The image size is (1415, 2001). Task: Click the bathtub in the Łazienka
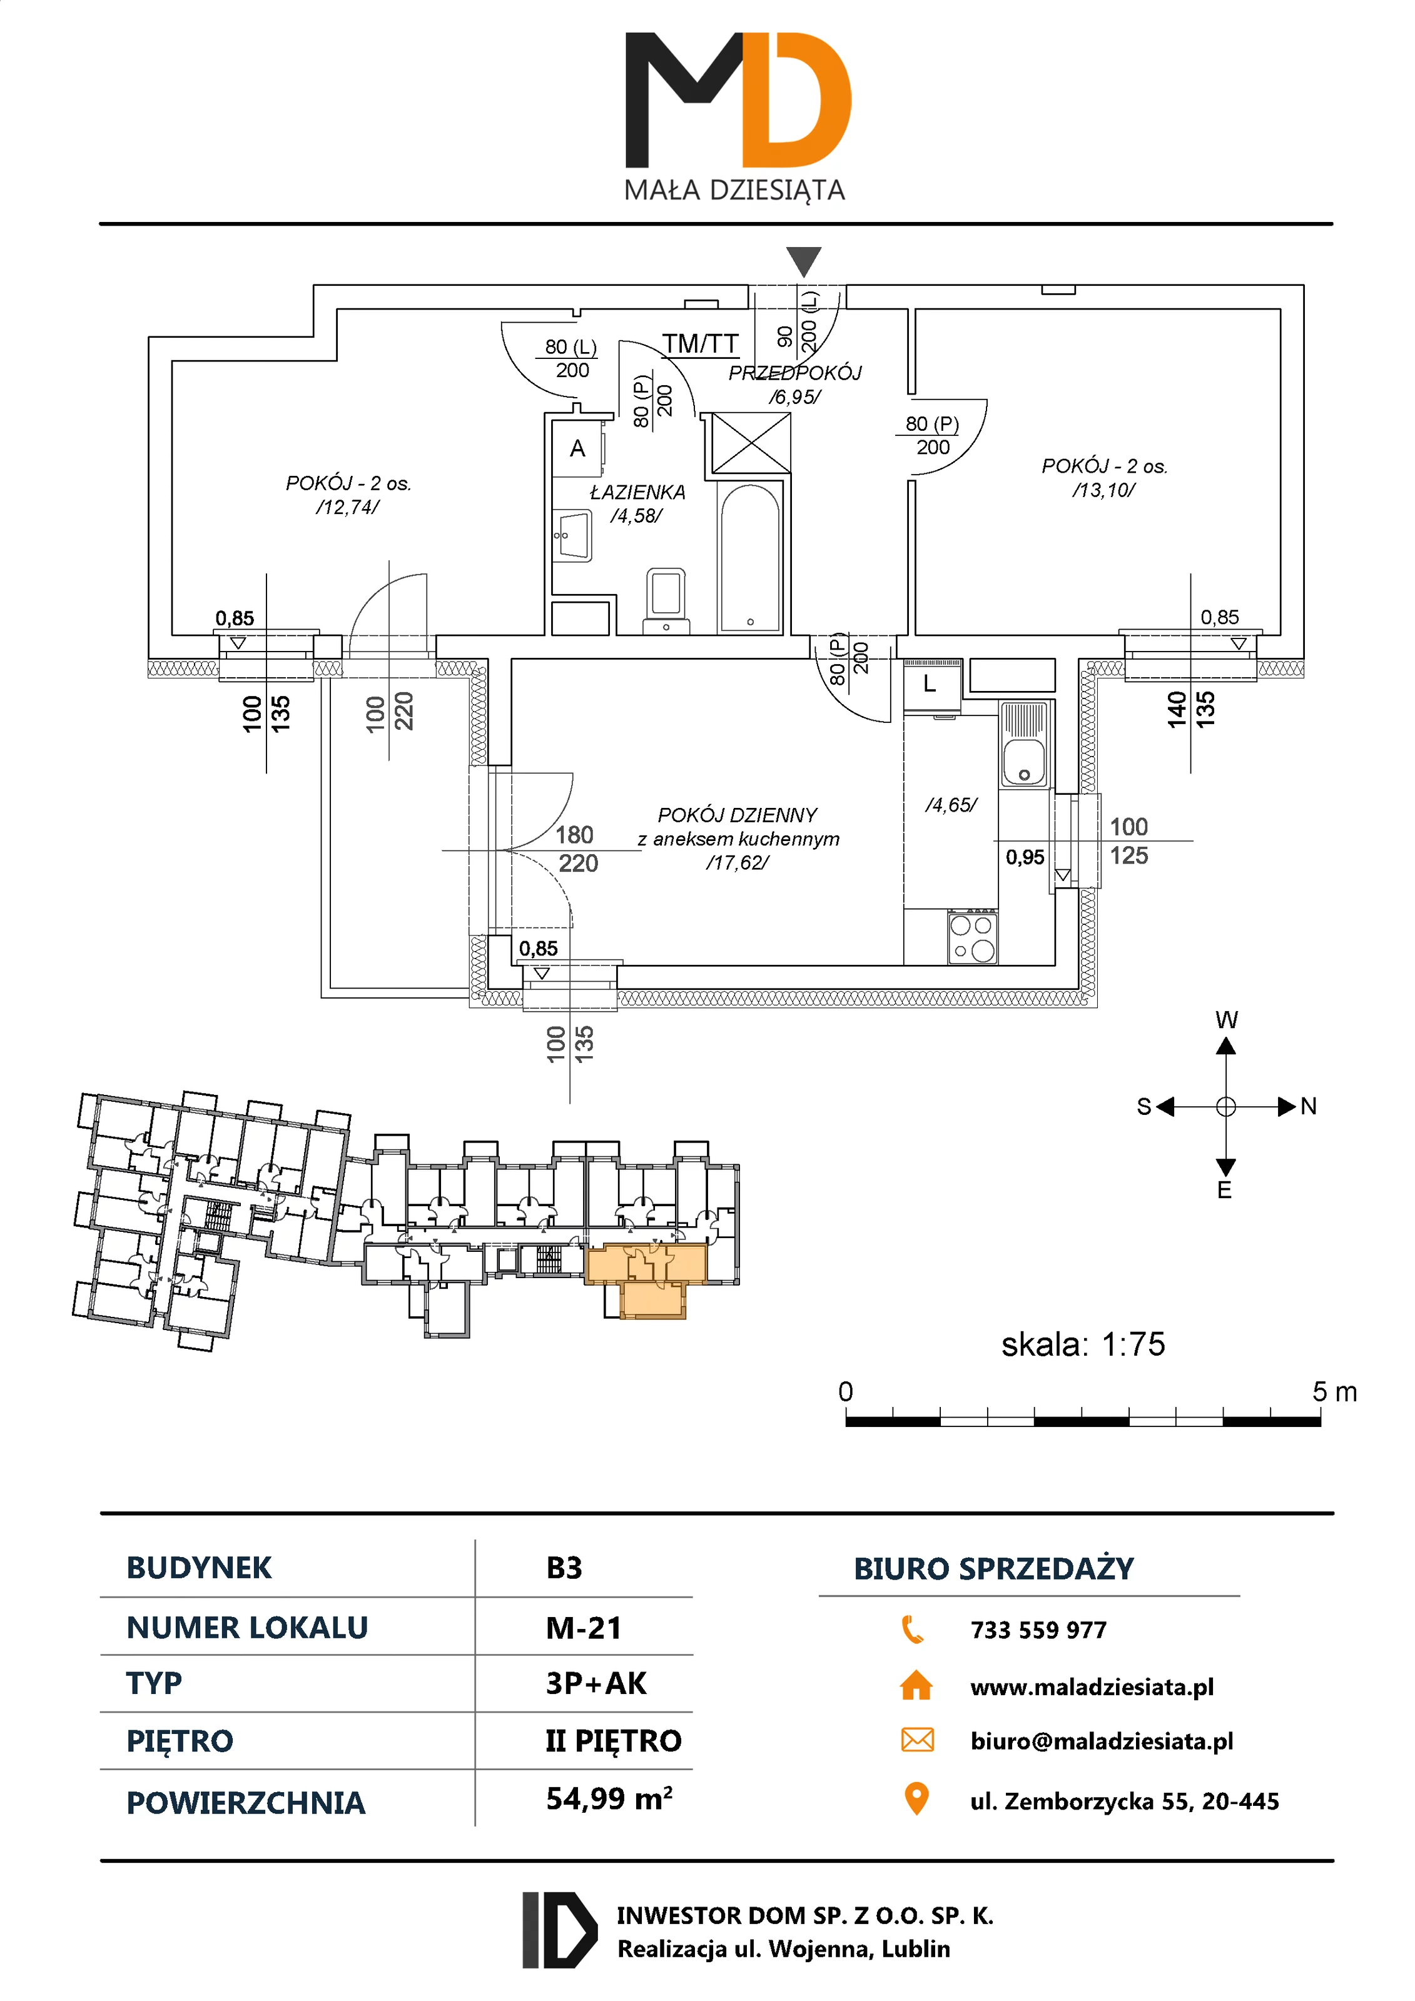click(750, 558)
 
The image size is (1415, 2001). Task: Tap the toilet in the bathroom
click(666, 597)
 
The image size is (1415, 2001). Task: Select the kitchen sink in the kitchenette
click(1025, 745)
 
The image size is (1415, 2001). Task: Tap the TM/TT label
click(700, 345)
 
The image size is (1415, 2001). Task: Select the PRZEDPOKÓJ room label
click(794, 373)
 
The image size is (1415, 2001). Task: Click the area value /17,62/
click(738, 863)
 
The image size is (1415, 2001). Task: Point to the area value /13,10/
click(1103, 490)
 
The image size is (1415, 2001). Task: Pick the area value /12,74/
click(347, 507)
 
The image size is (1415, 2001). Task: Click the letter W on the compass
click(1226, 1020)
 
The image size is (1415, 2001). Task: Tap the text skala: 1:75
click(1083, 1345)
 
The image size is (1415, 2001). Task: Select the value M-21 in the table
click(583, 1627)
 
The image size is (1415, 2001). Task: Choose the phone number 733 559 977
click(1038, 1630)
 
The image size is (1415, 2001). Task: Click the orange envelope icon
click(916, 1740)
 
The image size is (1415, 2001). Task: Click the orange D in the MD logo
click(798, 100)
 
